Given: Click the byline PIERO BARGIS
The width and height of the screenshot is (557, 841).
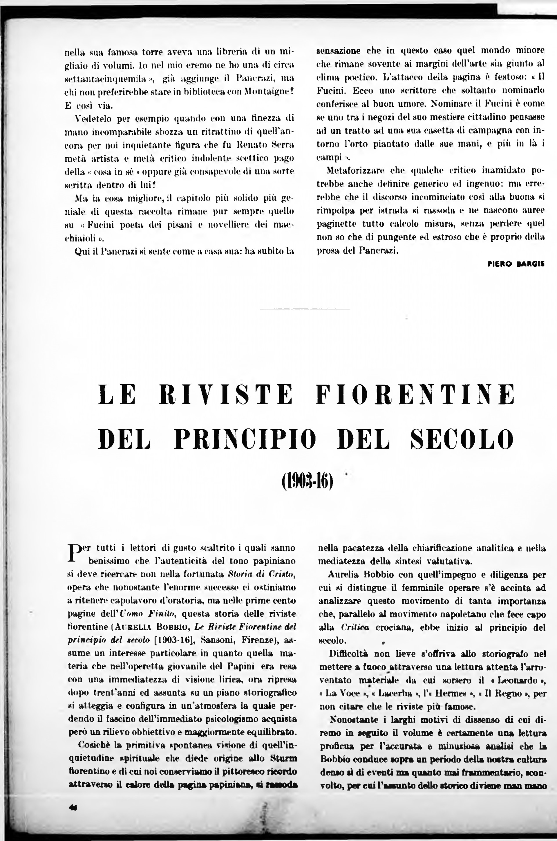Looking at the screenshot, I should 516,264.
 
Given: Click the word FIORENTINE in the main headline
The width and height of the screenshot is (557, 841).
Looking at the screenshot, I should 415,394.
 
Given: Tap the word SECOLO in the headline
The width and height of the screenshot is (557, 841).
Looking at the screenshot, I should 462,439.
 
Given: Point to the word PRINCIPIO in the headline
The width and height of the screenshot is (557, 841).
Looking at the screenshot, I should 245,439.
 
